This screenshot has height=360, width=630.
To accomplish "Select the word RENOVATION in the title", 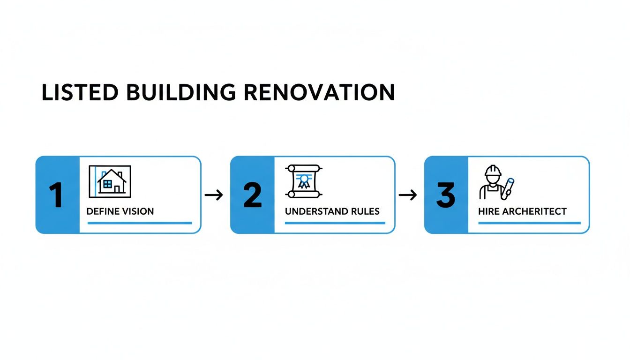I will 319,92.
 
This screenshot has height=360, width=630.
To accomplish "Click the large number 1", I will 56,195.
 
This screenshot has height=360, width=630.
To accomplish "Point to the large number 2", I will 253,195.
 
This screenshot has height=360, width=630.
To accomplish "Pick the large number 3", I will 445,195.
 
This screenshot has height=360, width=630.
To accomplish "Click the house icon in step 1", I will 110,181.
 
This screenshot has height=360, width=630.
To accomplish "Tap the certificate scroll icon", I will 303,181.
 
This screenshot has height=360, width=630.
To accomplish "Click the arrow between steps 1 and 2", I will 214,195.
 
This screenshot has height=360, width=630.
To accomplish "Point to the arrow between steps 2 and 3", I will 408,195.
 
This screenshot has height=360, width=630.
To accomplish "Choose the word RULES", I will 367,211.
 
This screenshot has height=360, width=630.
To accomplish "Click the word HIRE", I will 488,211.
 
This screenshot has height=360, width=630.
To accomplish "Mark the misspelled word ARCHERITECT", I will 534,211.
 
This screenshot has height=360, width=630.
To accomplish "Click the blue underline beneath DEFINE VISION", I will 140,223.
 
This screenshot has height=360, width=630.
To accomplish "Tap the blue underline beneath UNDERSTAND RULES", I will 335,223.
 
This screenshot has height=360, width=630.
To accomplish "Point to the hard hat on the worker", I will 493,171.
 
